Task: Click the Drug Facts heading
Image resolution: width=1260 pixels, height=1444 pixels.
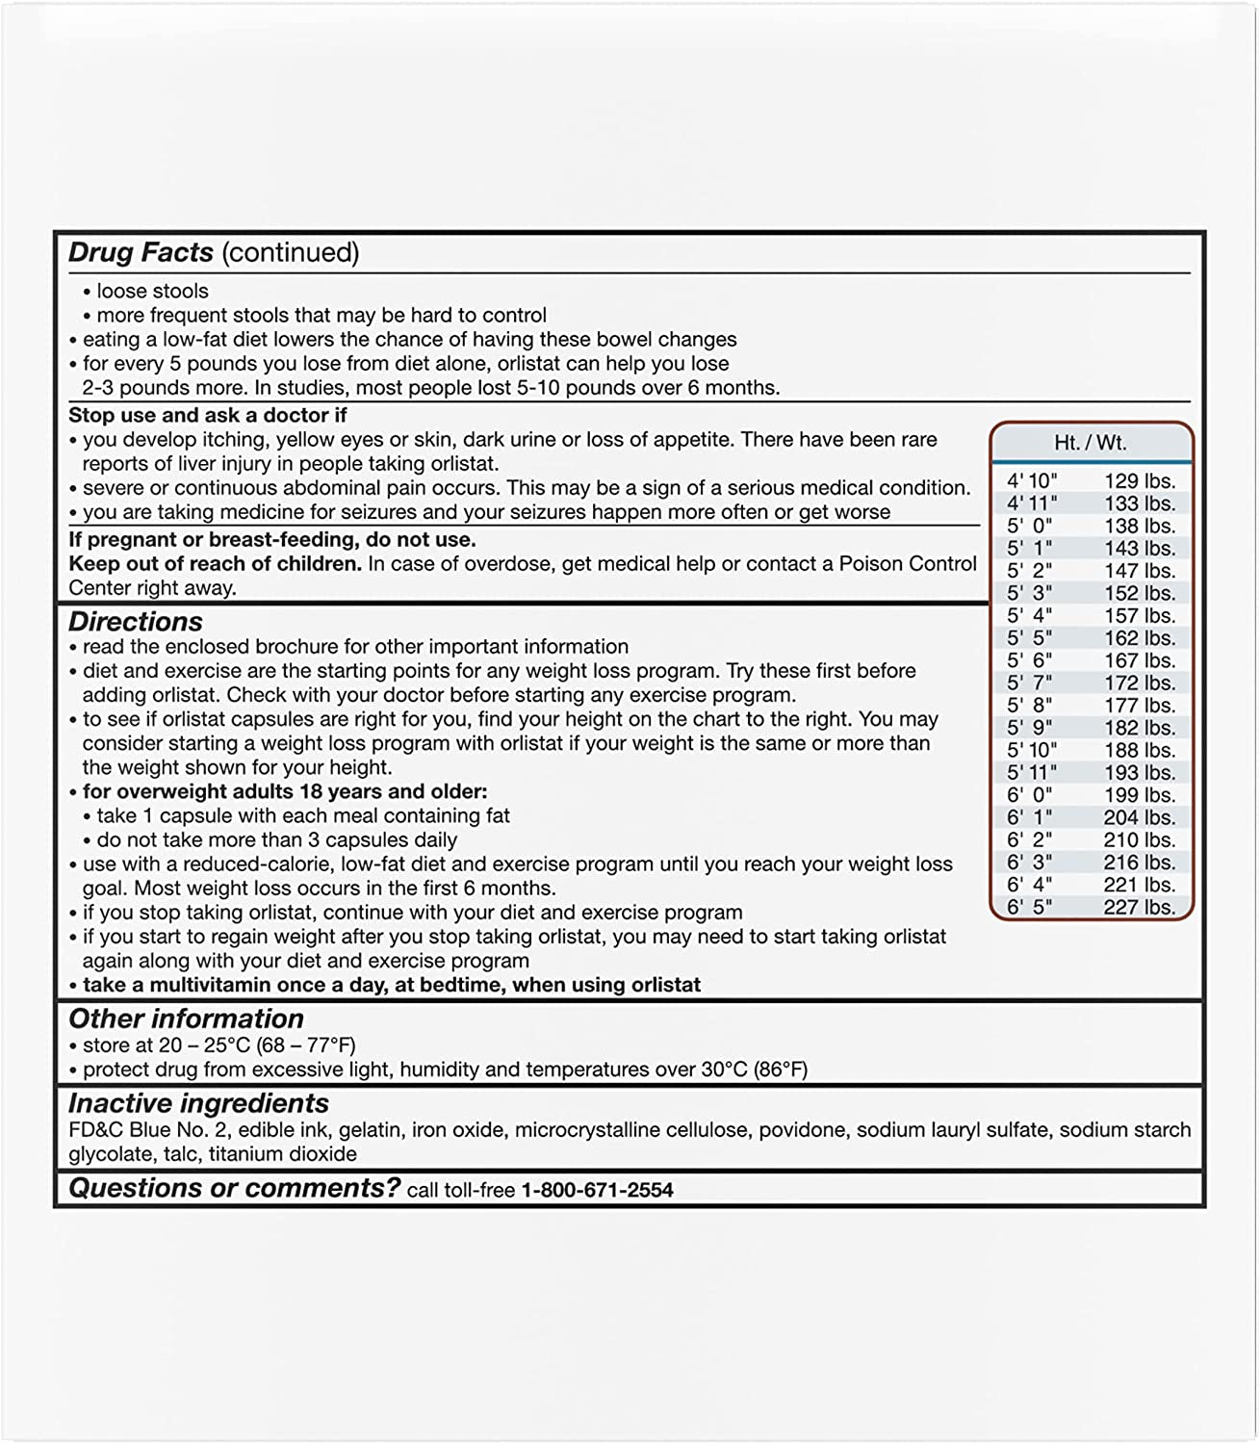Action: (x=141, y=252)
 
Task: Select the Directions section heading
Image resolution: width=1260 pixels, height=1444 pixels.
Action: (x=136, y=622)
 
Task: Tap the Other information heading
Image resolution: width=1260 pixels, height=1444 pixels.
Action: (x=186, y=1019)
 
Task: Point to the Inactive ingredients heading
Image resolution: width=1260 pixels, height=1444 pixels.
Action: (x=198, y=1103)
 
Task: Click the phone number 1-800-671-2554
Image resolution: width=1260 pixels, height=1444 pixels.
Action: (x=597, y=1190)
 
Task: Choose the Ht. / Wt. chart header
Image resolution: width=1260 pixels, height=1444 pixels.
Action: (x=1091, y=443)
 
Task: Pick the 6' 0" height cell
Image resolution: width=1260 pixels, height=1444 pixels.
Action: (x=1030, y=795)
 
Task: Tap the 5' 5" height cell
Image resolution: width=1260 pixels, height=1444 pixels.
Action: (x=1030, y=638)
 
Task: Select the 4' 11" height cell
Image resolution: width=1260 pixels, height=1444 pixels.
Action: (x=1032, y=503)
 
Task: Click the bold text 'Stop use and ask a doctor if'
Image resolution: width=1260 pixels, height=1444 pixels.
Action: (x=208, y=415)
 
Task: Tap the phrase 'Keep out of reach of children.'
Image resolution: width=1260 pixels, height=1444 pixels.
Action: (x=215, y=563)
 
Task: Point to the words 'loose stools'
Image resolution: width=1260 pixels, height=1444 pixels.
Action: (x=152, y=291)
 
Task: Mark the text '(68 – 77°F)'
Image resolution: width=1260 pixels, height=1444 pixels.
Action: (x=314, y=1044)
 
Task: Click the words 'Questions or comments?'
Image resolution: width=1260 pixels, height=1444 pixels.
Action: (x=234, y=1189)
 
